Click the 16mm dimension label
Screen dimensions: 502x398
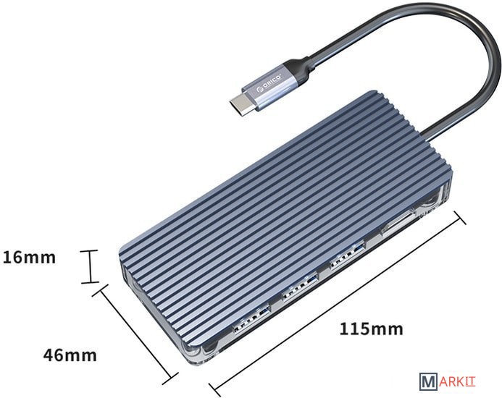pos(29,258)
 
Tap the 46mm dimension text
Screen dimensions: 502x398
pos(70,355)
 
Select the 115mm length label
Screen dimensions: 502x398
pos(371,329)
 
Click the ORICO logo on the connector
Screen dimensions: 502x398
pos(269,83)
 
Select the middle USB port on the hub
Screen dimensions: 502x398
pos(300,287)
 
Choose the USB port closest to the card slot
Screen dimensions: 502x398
pos(348,256)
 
